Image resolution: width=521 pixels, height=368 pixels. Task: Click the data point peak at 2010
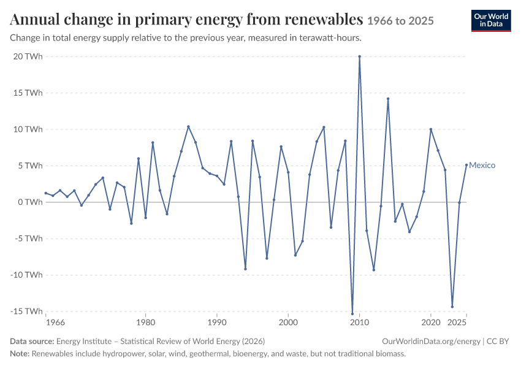(360, 56)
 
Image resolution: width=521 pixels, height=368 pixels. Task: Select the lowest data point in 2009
(352, 313)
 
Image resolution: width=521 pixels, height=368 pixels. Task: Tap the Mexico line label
(482, 165)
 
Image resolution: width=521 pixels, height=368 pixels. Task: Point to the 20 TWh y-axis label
(28, 56)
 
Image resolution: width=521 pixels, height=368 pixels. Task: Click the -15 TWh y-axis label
(26, 311)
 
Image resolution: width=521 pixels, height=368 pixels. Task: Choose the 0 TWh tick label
(30, 202)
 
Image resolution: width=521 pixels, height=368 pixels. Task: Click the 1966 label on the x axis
(56, 323)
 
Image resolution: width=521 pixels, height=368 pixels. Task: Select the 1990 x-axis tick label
(217, 323)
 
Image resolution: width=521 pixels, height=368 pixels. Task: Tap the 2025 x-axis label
(457, 323)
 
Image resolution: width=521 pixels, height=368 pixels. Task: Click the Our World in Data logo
(491, 21)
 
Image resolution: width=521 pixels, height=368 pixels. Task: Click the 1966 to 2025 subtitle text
(400, 21)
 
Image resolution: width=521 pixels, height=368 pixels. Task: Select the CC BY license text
(498, 342)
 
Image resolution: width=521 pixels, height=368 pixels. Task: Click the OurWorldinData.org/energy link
(432, 342)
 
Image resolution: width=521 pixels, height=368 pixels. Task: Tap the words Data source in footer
(32, 342)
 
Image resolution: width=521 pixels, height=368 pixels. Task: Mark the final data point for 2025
(466, 165)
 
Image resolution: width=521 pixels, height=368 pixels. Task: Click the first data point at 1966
(46, 193)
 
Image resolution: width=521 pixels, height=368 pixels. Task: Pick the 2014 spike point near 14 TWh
(388, 99)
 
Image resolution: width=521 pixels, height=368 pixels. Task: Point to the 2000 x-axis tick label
(288, 323)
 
